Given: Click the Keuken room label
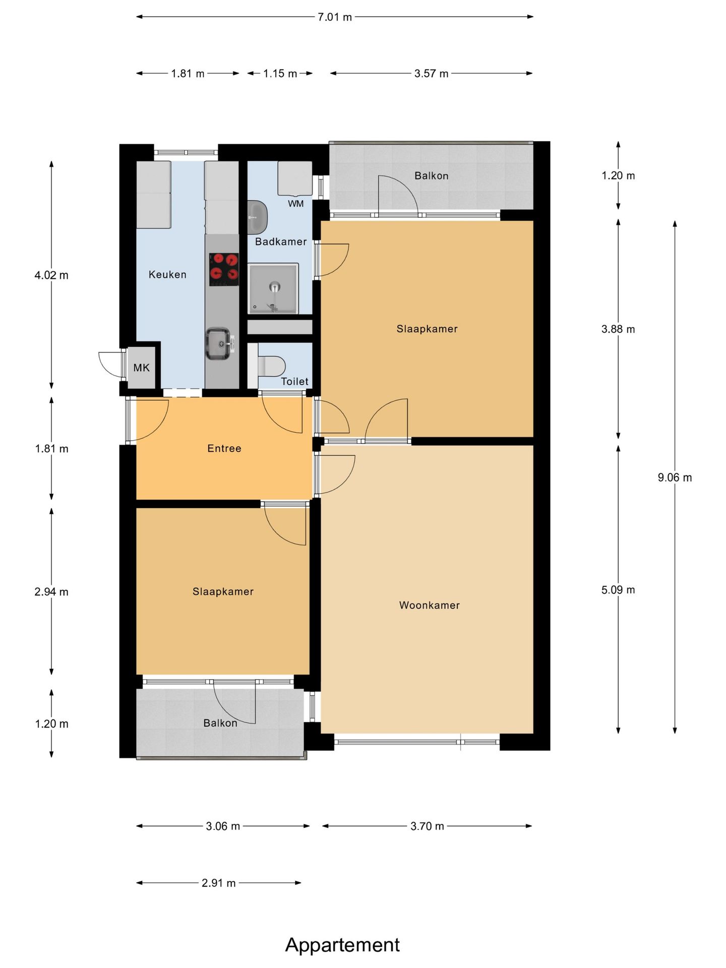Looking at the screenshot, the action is tap(167, 275).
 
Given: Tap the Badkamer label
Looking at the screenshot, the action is tap(281, 241).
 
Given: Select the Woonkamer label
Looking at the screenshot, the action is tap(430, 605).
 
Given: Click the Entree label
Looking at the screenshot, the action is tap(224, 448).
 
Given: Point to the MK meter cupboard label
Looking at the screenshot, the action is tap(142, 368).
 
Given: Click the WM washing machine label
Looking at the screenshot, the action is tap(296, 204).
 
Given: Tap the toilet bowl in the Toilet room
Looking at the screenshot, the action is tap(272, 366).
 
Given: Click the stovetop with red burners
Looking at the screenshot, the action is tap(224, 269).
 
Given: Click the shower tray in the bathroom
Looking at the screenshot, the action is tap(273, 288).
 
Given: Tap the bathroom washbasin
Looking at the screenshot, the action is tap(257, 217).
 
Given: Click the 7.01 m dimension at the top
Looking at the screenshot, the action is tap(335, 17).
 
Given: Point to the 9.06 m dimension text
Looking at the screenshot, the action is tap(675, 477).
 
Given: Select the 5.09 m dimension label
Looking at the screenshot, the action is tap(618, 590).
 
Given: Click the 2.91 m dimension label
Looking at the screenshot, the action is tap(219, 883).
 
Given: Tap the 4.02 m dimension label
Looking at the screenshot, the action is tap(51, 275).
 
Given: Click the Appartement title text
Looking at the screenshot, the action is tap(342, 944).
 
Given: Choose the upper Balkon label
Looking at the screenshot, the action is tap(432, 176).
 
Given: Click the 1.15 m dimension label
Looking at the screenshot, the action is tap(280, 74).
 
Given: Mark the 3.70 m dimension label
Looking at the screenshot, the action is tap(427, 826).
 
